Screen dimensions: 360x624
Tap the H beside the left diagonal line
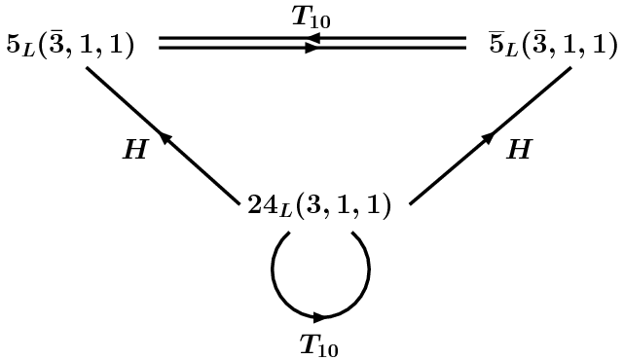(133, 150)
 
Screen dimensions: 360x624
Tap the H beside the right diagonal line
(520, 149)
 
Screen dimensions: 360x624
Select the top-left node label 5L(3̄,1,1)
(70, 46)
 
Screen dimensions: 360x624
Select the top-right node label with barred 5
(554, 45)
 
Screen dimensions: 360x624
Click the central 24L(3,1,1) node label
(318, 206)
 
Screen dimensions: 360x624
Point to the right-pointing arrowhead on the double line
(312, 47)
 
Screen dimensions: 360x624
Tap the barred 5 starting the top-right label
(497, 44)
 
